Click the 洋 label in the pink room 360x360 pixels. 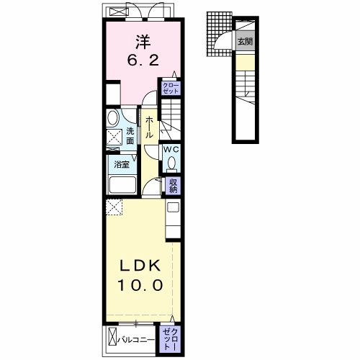pyautogui.click(x=143, y=42)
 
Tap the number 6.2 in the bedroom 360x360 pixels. pyautogui.click(x=143, y=60)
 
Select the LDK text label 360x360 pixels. pyautogui.click(x=140, y=266)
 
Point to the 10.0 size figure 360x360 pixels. pyautogui.click(x=140, y=285)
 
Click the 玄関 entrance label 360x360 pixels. pyautogui.click(x=245, y=42)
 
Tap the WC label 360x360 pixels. pyautogui.click(x=171, y=150)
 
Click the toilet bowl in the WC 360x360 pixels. pyautogui.click(x=171, y=163)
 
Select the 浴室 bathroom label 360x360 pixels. pyautogui.click(x=122, y=165)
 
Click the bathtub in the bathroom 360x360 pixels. pyautogui.click(x=122, y=184)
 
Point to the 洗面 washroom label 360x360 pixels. pyautogui.click(x=130, y=136)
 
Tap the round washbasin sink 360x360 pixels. pyautogui.click(x=113, y=117)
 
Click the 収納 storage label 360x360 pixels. pyautogui.click(x=173, y=186)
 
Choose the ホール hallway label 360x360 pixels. pyautogui.click(x=149, y=127)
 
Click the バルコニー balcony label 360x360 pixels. pyautogui.click(x=136, y=340)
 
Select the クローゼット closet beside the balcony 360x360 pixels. pyautogui.click(x=170, y=340)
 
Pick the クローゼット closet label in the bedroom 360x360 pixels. pyautogui.click(x=171, y=89)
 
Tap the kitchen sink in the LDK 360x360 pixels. pyautogui.click(x=173, y=207)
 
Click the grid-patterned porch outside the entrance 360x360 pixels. pyautogui.click(x=219, y=34)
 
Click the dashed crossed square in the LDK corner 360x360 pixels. pyautogui.click(x=114, y=207)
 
